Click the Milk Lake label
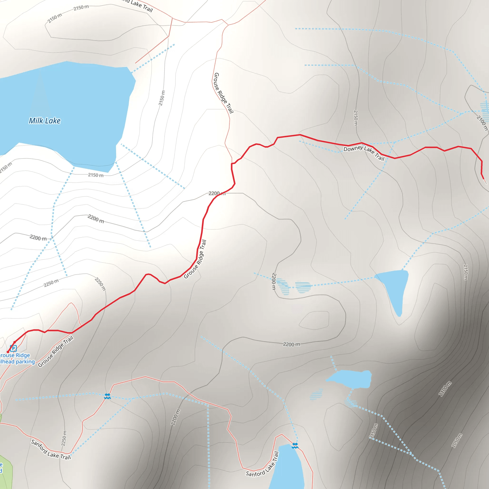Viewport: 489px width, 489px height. click(45, 121)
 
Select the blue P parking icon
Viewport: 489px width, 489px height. click(13, 348)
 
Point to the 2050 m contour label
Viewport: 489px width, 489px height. click(457, 440)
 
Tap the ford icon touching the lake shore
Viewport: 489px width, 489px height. click(295, 446)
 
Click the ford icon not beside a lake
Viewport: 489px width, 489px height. click(107, 396)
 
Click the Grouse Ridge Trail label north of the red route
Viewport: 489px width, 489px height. click(224, 93)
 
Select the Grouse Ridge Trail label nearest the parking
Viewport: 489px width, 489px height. click(56, 351)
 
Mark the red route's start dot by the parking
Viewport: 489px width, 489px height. click(8, 352)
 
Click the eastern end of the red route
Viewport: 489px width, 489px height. click(484, 179)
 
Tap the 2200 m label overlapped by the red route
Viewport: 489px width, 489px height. click(217, 193)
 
